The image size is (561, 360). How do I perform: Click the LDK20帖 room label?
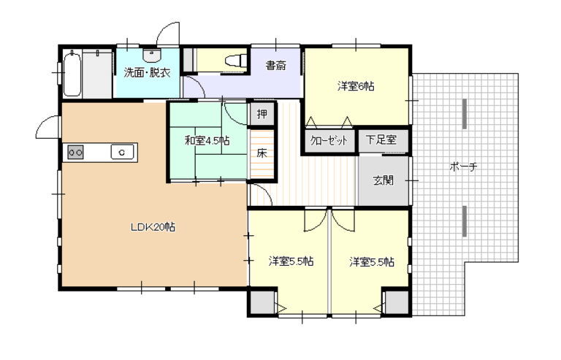(x=153, y=227)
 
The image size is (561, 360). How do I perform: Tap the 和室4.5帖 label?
(x=207, y=140)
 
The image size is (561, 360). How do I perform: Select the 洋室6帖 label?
(x=356, y=86)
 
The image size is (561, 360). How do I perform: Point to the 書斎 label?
(x=276, y=66)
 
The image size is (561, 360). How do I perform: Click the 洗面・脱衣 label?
(x=147, y=72)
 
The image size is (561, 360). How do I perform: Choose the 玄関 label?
(x=383, y=180)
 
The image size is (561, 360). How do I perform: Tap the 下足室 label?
(x=381, y=139)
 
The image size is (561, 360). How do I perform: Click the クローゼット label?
(x=329, y=140)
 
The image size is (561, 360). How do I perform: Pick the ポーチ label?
(x=463, y=166)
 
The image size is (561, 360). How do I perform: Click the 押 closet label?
(x=262, y=114)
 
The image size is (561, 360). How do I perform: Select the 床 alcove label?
(x=262, y=153)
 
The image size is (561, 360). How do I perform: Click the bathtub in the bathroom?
(x=72, y=73)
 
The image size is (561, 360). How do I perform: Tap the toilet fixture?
(x=236, y=60)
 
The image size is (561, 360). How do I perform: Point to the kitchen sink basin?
(x=122, y=152)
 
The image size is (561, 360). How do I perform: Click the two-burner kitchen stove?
(x=75, y=153)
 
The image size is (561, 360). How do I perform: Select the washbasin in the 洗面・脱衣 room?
(x=152, y=55)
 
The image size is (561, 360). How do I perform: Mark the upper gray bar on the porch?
(x=465, y=114)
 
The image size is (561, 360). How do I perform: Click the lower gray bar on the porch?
(x=465, y=221)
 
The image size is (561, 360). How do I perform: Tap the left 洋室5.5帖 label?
(x=291, y=261)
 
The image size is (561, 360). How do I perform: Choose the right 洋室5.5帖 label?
(x=372, y=262)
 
